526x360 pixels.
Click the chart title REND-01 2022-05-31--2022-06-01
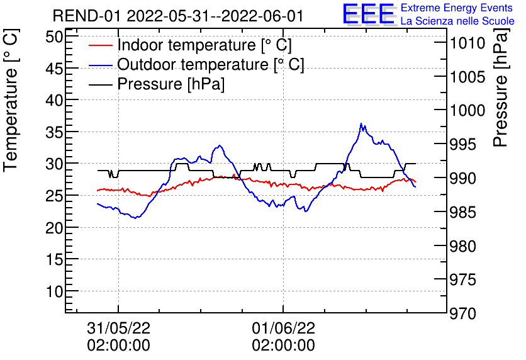point(177,16)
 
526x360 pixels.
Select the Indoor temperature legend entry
point(204,45)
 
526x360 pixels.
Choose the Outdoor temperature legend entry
point(210,64)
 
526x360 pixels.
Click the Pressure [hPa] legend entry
point(171,84)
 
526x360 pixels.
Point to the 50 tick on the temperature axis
point(55,36)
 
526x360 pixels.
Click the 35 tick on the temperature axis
point(55,132)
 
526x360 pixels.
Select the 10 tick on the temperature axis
point(55,291)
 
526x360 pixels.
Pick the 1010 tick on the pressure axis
point(466,43)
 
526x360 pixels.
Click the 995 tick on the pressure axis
point(466,144)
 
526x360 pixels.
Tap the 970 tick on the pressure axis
point(466,313)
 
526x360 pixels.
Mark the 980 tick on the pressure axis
point(466,245)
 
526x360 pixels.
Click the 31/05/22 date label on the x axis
point(118,328)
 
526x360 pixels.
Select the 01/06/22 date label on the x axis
point(283,328)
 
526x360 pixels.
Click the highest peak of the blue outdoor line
point(361,124)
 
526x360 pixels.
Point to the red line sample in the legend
point(101,45)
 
